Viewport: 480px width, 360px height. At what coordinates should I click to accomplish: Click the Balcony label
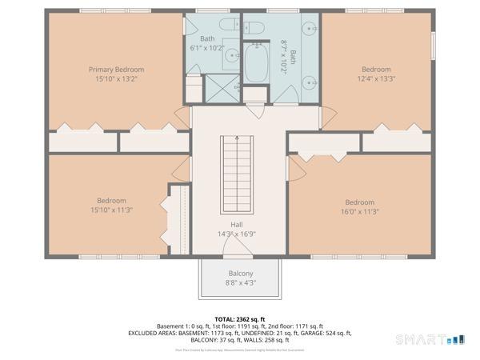240,274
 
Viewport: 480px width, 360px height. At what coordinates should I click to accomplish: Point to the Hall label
237,225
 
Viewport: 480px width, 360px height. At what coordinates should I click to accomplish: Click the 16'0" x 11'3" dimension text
359,211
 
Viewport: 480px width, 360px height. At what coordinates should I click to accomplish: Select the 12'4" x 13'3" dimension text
376,78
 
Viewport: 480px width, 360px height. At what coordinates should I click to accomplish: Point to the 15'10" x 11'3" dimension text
111,210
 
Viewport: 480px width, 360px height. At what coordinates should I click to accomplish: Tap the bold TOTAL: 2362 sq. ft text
240,318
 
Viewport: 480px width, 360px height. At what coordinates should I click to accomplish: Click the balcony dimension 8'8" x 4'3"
240,282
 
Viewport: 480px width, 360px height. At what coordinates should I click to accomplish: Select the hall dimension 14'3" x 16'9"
237,234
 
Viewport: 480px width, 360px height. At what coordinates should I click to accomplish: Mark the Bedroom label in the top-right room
376,70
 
